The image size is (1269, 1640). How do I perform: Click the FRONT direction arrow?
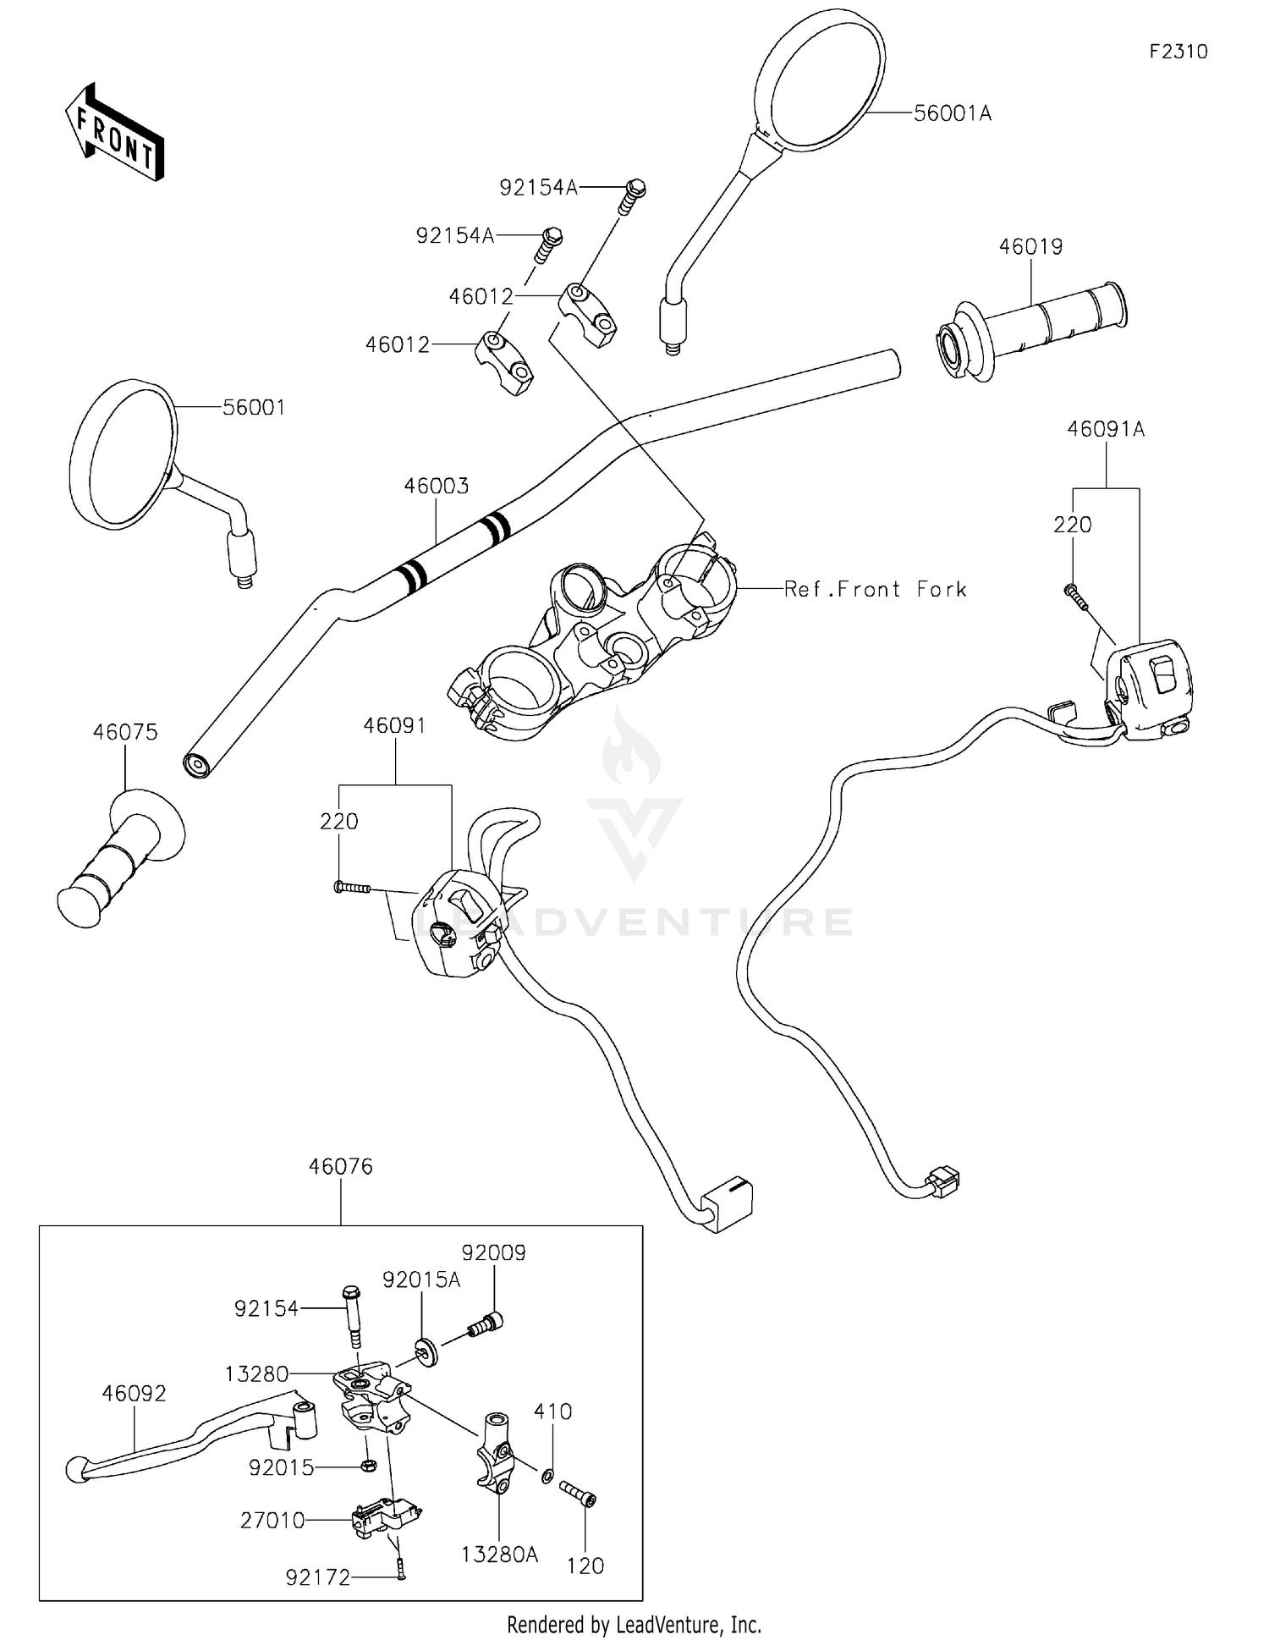[x=115, y=133]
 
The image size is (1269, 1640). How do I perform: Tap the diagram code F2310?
[x=1178, y=52]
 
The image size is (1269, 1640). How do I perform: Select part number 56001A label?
[x=952, y=113]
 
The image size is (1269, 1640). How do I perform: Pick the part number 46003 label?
[x=436, y=487]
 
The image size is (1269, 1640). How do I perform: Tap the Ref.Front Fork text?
[x=875, y=590]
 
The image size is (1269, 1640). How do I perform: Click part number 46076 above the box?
[x=341, y=1166]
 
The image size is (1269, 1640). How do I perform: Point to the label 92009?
[x=493, y=1252]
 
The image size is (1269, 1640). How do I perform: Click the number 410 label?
[x=552, y=1412]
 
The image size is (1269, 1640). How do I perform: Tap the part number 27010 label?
[x=272, y=1521]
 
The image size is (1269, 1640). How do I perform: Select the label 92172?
[x=317, y=1577]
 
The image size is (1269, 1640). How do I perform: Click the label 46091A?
[x=1106, y=429]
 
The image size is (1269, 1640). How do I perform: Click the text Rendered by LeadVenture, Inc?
[x=634, y=1625]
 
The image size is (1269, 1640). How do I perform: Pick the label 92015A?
[x=421, y=1280]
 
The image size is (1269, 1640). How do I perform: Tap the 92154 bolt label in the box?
[x=266, y=1308]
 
